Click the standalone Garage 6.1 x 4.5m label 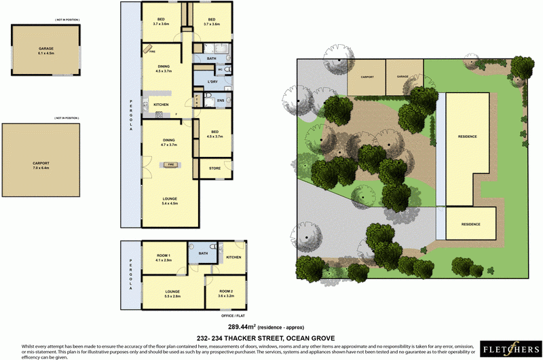[x=46, y=51]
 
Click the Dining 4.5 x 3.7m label [x=166, y=68]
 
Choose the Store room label [x=214, y=168]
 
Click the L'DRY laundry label [x=212, y=82]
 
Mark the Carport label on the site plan [x=367, y=77]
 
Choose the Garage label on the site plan [x=403, y=77]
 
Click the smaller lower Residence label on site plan [x=470, y=224]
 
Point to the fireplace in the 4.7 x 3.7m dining [x=170, y=164]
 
